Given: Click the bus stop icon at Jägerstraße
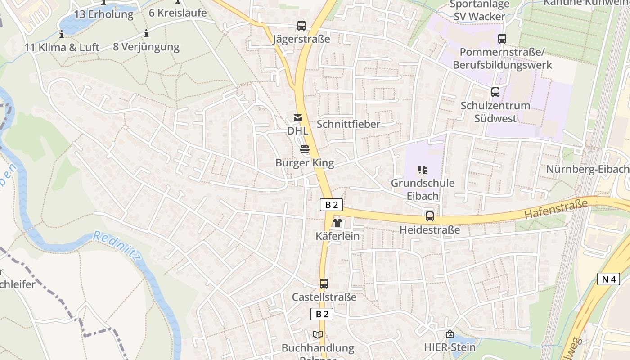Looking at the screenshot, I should (301, 26).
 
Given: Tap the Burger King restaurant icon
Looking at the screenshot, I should (305, 149).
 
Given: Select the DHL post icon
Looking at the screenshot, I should (297, 118).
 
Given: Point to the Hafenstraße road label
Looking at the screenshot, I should (556, 209).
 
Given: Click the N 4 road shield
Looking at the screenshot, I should (608, 279).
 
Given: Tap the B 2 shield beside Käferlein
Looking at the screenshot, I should (331, 205).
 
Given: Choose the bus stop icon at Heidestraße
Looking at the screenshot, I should (430, 216).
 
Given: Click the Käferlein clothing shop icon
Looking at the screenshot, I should (337, 223).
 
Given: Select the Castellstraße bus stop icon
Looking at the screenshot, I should (324, 284).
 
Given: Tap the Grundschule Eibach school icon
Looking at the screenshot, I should (422, 170).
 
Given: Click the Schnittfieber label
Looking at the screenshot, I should (348, 124).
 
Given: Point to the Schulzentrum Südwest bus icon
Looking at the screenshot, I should (495, 92).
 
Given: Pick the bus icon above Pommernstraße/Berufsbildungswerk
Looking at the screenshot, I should (502, 39).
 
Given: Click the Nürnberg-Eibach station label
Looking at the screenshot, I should (587, 169).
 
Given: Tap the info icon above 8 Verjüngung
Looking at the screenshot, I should (146, 33).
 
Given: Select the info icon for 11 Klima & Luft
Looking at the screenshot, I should (62, 34).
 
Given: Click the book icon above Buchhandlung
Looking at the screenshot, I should (318, 334).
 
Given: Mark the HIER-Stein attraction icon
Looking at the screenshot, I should (450, 334).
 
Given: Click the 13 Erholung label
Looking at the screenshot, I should (104, 14).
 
